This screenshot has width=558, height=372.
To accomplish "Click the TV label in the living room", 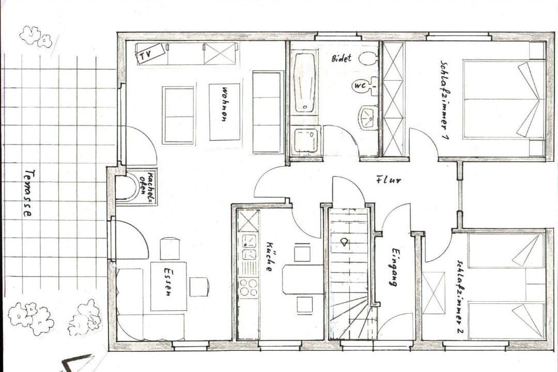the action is pyautogui.click(x=145, y=55).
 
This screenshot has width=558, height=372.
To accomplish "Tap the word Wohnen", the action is pyautogui.click(x=225, y=105).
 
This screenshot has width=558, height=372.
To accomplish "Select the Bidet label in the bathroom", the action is pyautogui.click(x=342, y=58).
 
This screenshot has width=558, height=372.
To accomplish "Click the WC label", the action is pyautogui.click(x=360, y=85).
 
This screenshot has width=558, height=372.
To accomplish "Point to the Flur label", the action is pyautogui.click(x=388, y=180).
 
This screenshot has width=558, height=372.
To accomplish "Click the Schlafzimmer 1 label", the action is pyautogui.click(x=444, y=100).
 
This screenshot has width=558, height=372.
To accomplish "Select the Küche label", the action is pyautogui.click(x=269, y=257).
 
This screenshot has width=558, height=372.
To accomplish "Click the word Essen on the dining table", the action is pyautogui.click(x=167, y=281).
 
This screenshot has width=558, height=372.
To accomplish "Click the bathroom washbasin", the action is pyautogui.click(x=367, y=117).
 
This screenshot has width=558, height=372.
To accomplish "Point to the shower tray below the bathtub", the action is pyautogui.click(x=306, y=141).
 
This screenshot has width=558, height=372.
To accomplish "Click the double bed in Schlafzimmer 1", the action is pyautogui.click(x=504, y=100).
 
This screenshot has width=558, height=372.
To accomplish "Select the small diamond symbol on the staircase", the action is pyautogui.click(x=345, y=242).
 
